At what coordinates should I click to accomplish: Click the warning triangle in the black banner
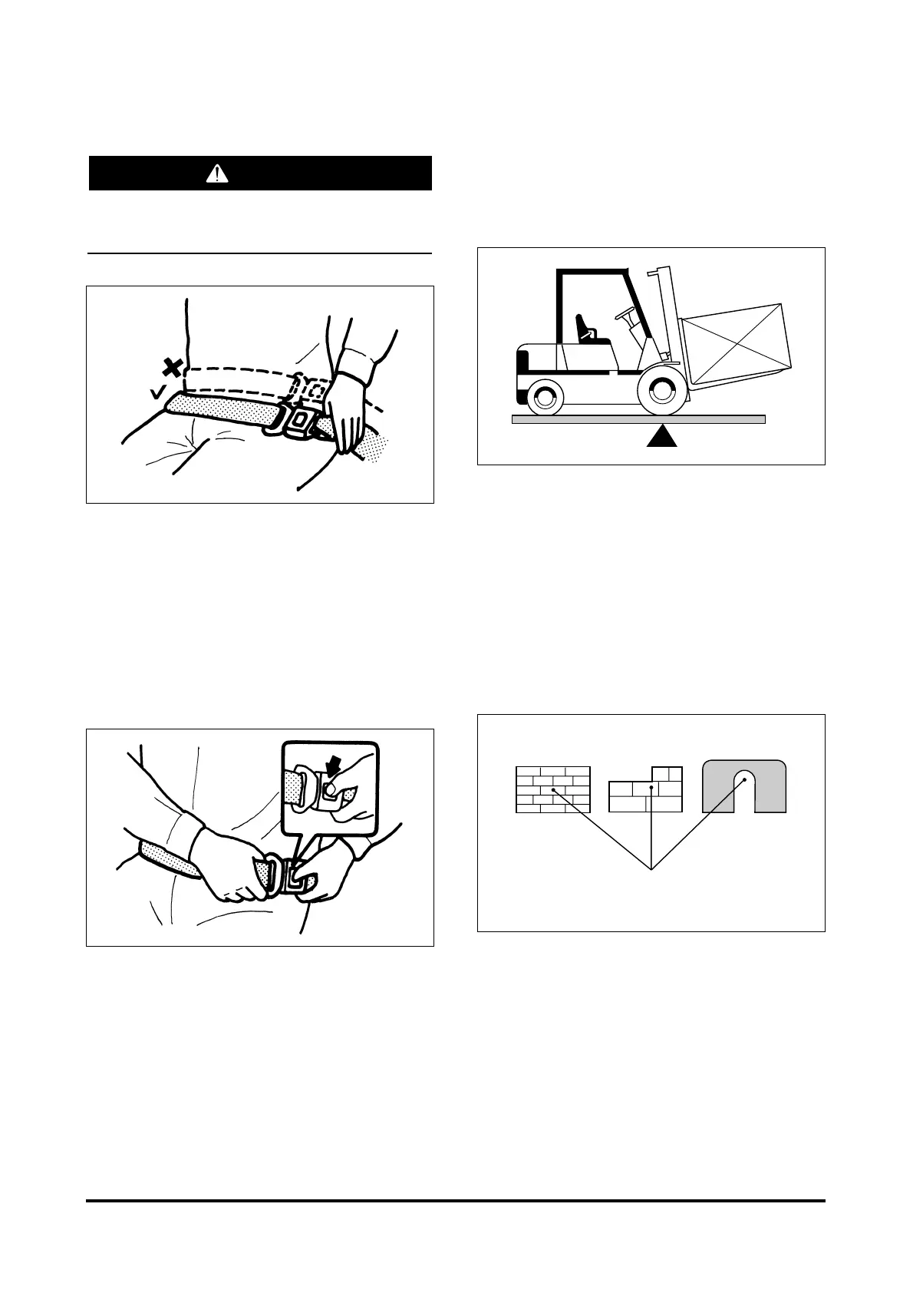pos(218,174)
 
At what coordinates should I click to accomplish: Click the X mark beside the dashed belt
pos(173,368)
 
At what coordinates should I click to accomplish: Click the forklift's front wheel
pos(661,390)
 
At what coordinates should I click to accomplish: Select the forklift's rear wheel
pos(545,396)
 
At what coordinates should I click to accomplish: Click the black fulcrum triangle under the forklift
pos(661,436)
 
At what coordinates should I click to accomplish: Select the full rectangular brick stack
pos(552,789)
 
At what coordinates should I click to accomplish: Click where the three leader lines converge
pos(651,870)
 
